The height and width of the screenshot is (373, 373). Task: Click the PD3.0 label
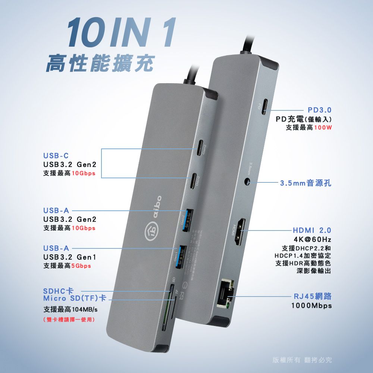click(x=320, y=111)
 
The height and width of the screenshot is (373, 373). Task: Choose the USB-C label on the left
click(x=56, y=156)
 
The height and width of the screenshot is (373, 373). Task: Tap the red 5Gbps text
click(x=82, y=266)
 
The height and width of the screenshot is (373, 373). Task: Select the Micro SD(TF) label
click(x=75, y=299)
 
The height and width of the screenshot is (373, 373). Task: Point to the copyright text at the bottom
click(x=302, y=360)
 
